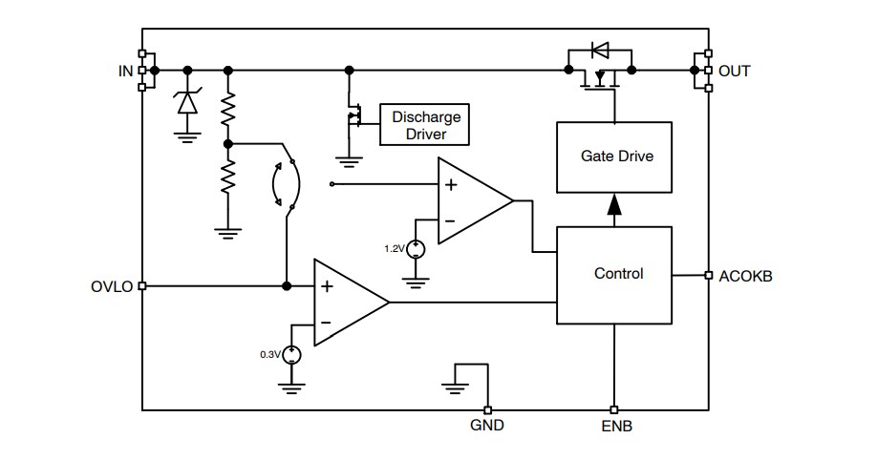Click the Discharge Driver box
pyautogui.click(x=426, y=125)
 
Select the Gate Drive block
pyautogui.click(x=617, y=156)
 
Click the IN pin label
pyautogui.click(x=124, y=71)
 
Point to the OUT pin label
pyautogui.click(x=735, y=71)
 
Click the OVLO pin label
pyautogui.click(x=113, y=286)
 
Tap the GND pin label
pyautogui.click(x=487, y=427)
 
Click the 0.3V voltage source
pyautogui.click(x=290, y=355)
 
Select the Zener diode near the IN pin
pyautogui.click(x=187, y=102)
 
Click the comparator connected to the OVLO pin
pyautogui.click(x=348, y=303)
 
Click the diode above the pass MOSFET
pyautogui.click(x=600, y=50)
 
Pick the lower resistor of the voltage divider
pyautogui.click(x=227, y=178)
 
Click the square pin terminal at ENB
pyautogui.click(x=614, y=410)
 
